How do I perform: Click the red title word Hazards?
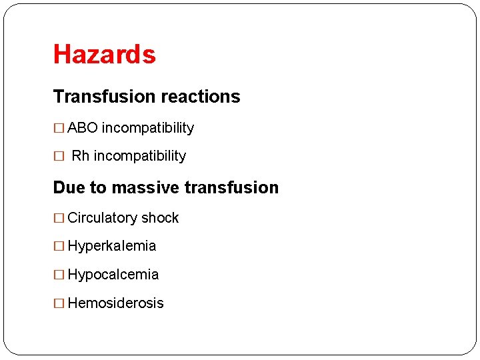[x=104, y=54]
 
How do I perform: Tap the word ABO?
[x=83, y=128]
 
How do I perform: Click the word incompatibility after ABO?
[x=147, y=128]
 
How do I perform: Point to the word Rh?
[x=80, y=156]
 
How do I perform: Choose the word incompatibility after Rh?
[x=139, y=156]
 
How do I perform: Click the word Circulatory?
[x=103, y=218]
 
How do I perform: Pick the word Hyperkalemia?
[x=112, y=246]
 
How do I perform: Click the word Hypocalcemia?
[x=113, y=275]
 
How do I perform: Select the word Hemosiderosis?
[x=115, y=303]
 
